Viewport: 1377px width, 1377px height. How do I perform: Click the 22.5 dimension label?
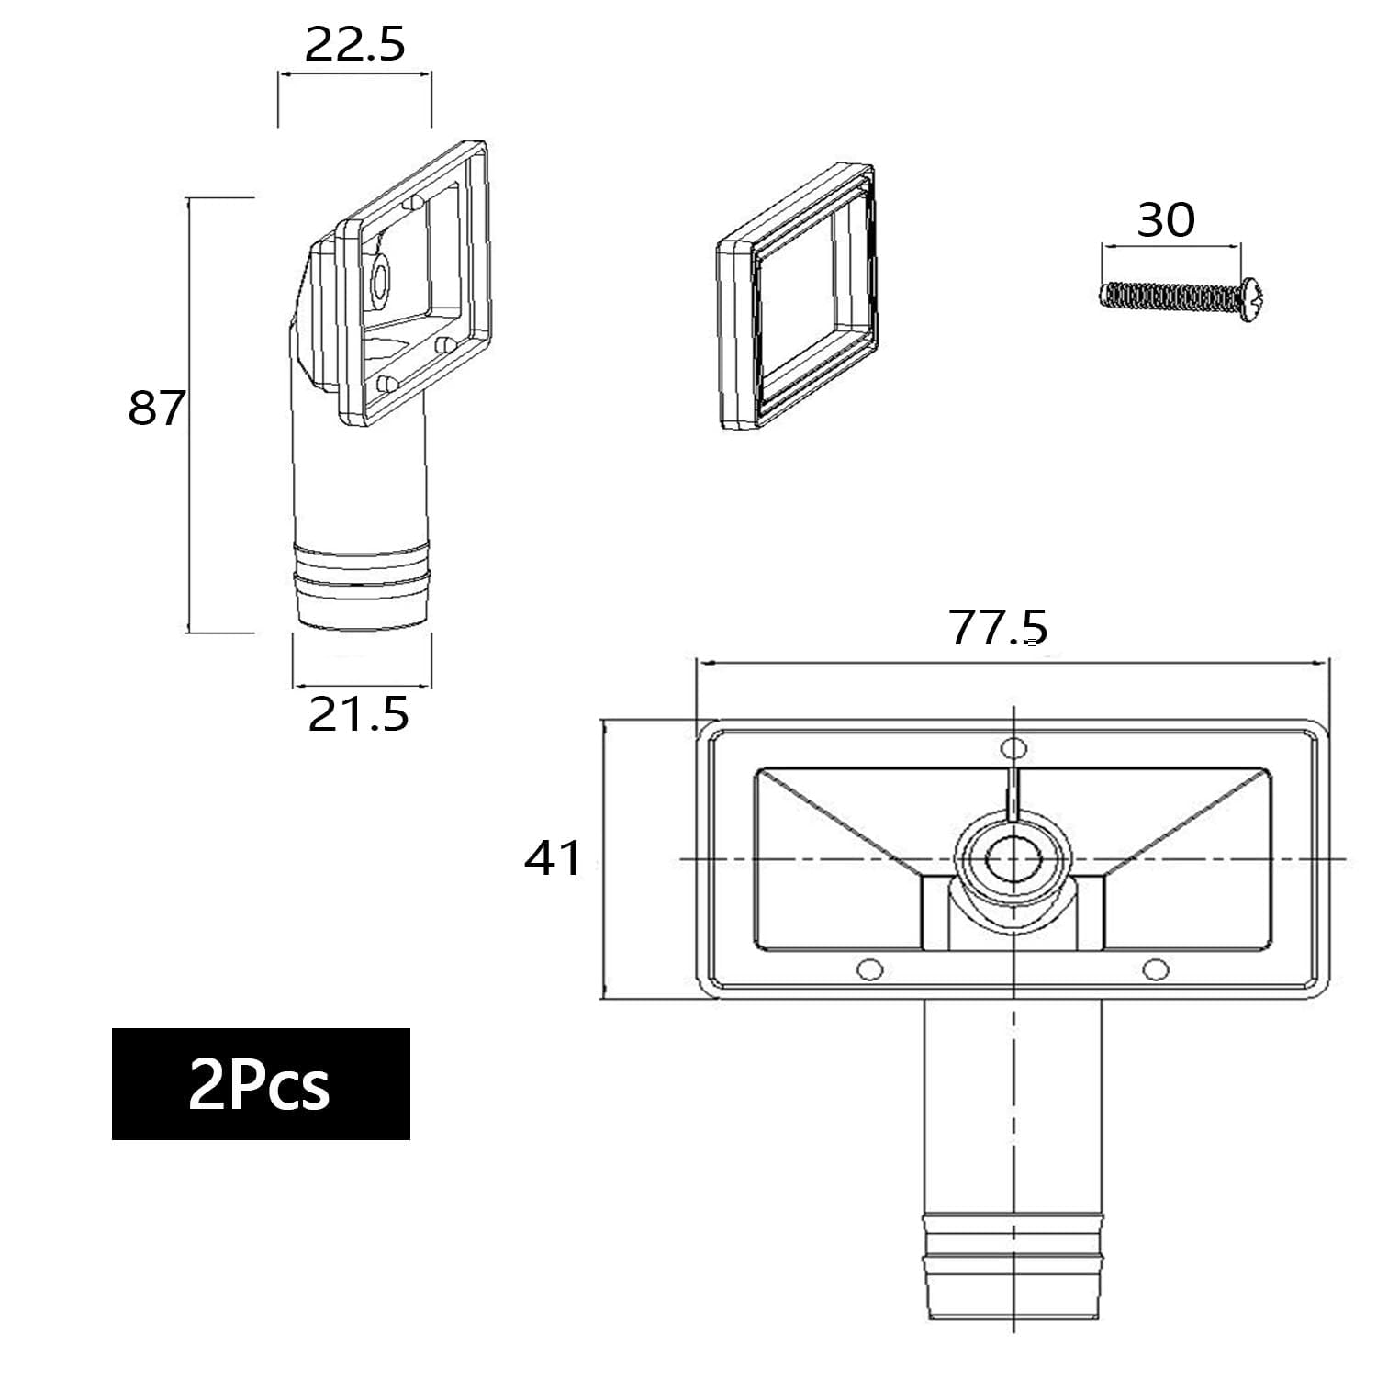[x=354, y=44]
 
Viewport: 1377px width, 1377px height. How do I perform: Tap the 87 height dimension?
[x=157, y=408]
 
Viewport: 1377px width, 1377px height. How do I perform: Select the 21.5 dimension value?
[x=358, y=714]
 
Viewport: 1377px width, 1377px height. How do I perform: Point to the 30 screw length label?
[x=1166, y=219]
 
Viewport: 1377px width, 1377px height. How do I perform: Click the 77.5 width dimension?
[x=998, y=628]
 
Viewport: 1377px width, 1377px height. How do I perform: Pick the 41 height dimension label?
[x=553, y=859]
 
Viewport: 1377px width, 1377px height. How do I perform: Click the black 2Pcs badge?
[x=261, y=1084]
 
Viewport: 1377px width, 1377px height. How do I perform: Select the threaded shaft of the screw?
[x=1170, y=295]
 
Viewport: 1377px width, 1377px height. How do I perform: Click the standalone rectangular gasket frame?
[x=796, y=297]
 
